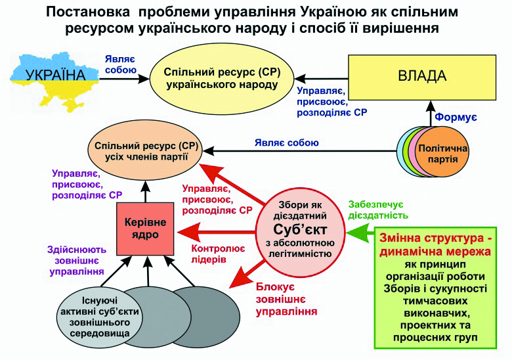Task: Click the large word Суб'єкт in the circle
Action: [x=299, y=230]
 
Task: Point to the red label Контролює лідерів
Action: [x=217, y=254]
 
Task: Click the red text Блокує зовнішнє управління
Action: [x=283, y=299]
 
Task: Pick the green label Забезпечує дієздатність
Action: [x=379, y=209]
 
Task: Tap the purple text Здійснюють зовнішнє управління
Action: [x=77, y=259]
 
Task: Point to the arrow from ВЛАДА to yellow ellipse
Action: [x=318, y=76]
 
